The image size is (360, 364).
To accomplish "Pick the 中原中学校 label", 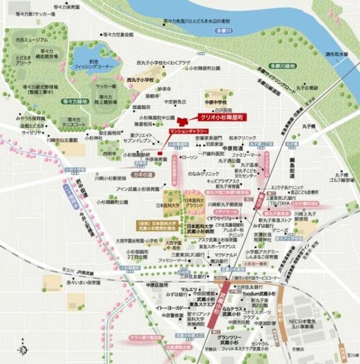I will point(215,102).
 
